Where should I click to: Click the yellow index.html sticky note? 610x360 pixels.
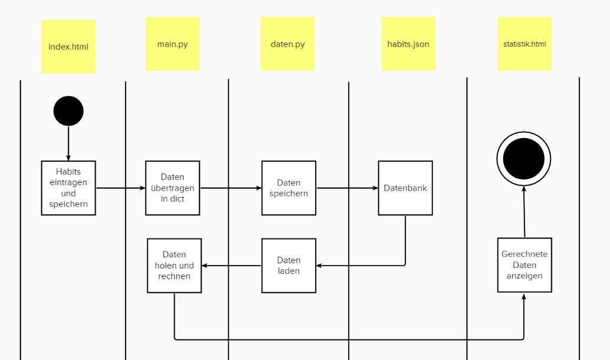[68, 47]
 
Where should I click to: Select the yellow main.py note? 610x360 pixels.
[172, 44]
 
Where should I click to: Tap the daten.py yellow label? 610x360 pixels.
[287, 44]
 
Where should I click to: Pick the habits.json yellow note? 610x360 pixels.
[408, 44]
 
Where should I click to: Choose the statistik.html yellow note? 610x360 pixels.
[524, 44]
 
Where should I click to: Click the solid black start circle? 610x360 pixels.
[68, 111]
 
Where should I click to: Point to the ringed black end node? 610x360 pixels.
[524, 159]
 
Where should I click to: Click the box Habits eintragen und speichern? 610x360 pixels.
[68, 188]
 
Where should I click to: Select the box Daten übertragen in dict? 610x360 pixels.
[172, 188]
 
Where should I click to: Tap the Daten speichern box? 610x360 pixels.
[288, 188]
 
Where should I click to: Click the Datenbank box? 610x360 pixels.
[405, 188]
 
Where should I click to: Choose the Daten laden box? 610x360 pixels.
[288, 266]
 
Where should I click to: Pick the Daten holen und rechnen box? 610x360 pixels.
[174, 266]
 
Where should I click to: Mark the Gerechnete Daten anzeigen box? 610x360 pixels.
[524, 265]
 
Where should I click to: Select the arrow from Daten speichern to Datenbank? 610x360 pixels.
[347, 188]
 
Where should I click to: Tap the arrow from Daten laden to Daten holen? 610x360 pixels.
[231, 266]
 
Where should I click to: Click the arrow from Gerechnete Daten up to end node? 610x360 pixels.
[524, 212]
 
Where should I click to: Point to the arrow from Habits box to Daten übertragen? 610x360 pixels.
[120, 188]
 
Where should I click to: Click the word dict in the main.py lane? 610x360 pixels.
[177, 199]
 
